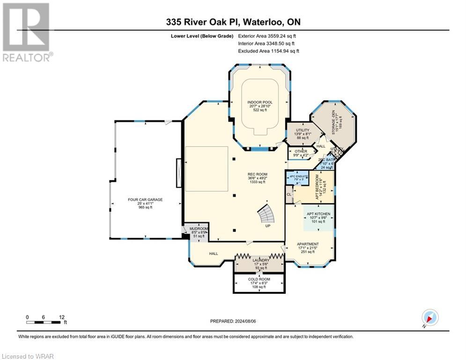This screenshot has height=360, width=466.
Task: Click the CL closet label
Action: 289,193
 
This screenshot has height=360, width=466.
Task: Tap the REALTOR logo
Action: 26,33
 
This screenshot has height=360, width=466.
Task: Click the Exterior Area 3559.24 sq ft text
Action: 267,36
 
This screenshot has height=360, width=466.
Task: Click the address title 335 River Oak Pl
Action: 208,22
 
